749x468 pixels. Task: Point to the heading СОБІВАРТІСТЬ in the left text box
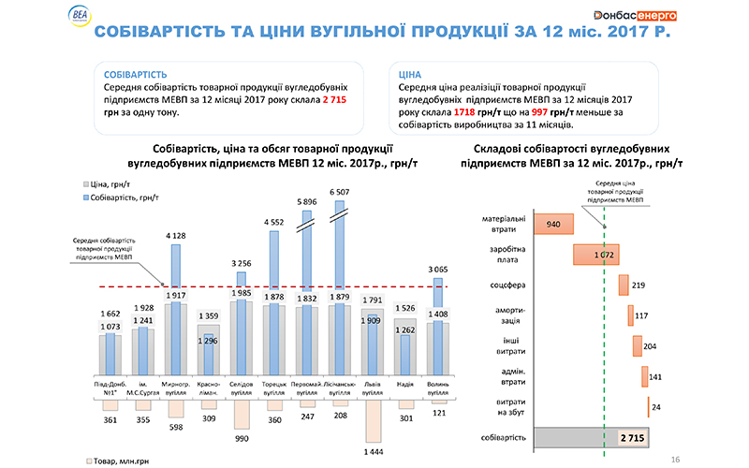click(x=137, y=72)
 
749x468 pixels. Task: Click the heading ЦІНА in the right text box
click(x=410, y=72)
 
